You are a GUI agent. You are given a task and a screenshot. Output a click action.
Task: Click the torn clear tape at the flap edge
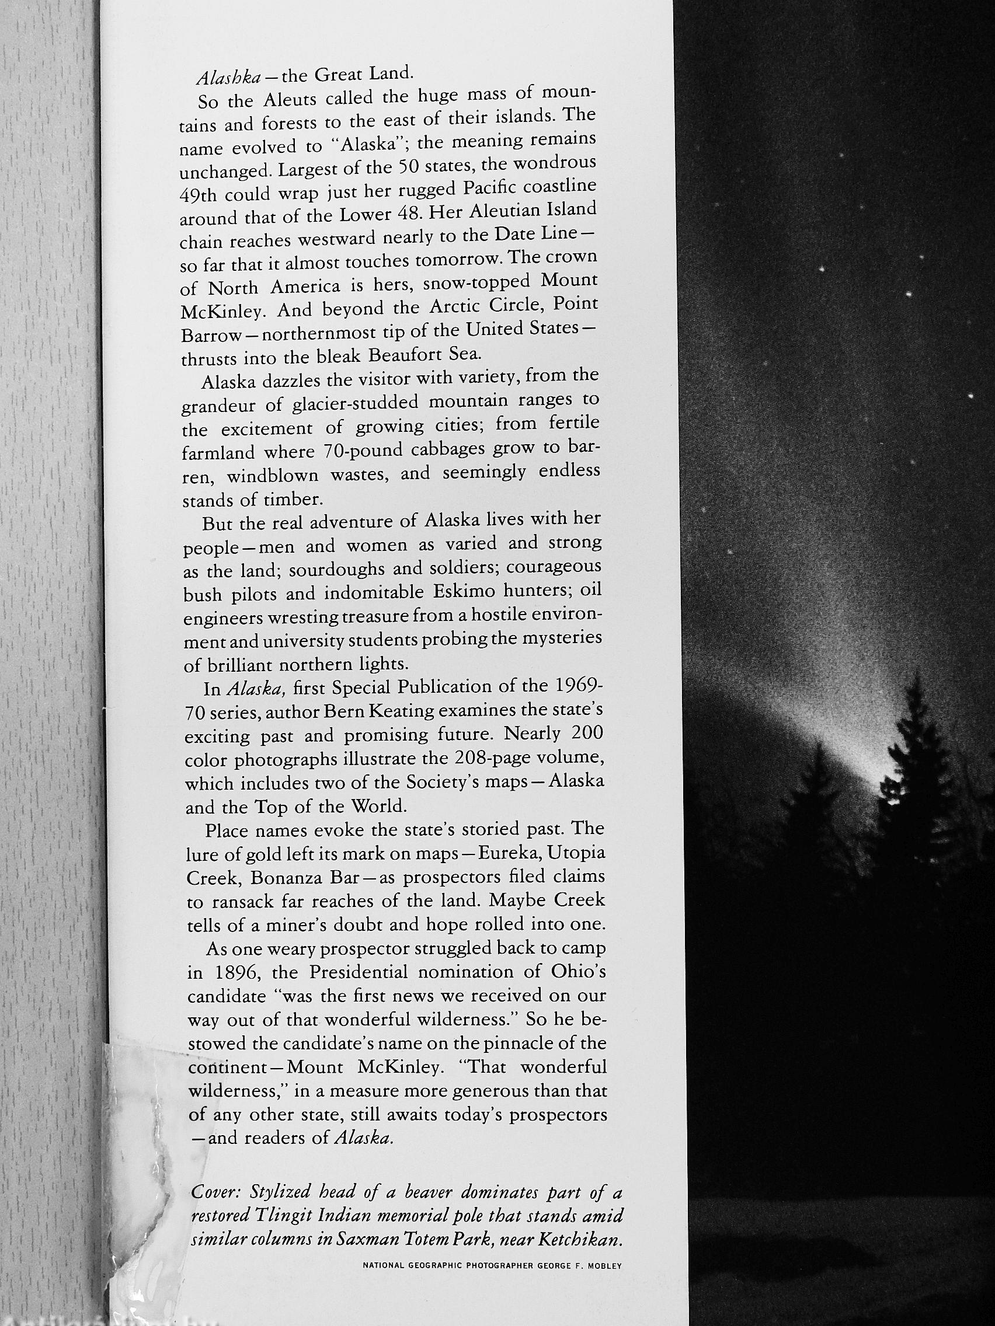point(151,1115)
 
